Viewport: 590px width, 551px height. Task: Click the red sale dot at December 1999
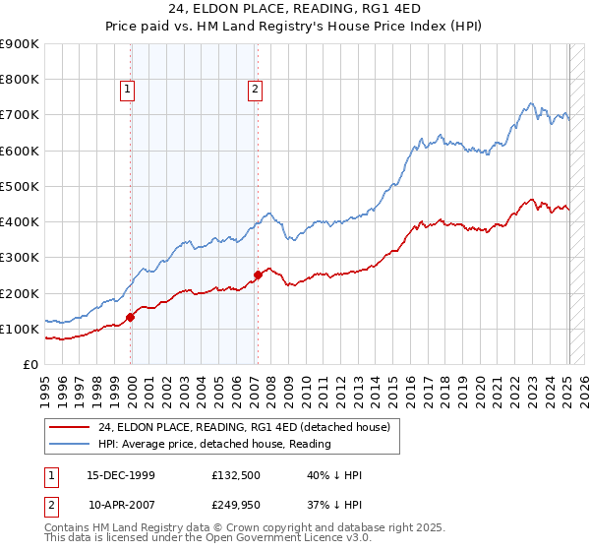(x=131, y=317)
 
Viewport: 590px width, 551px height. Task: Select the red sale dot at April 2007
(x=258, y=275)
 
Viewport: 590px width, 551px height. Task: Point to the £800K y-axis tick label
(x=20, y=80)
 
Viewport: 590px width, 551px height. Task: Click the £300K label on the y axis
(x=20, y=258)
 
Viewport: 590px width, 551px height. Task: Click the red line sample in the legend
(x=70, y=427)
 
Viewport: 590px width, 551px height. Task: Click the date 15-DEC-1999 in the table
(x=121, y=475)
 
